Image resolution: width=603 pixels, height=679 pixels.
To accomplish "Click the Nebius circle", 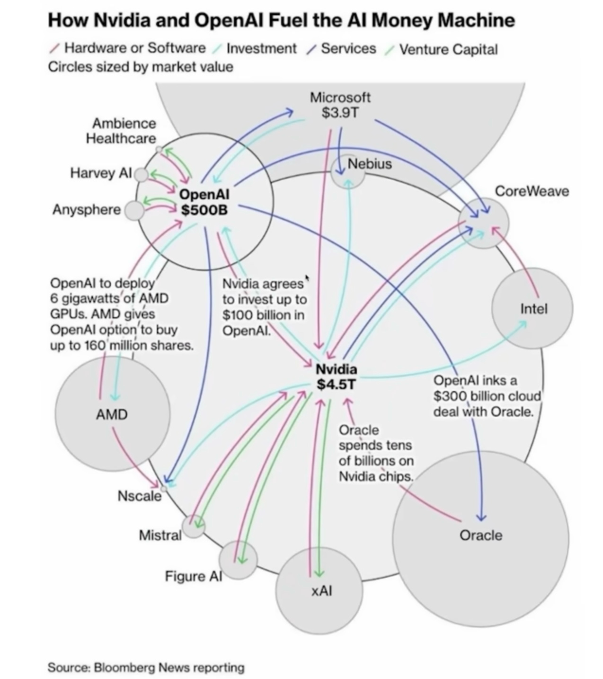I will click(x=348, y=171).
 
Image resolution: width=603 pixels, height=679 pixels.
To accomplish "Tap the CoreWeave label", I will click(x=532, y=191).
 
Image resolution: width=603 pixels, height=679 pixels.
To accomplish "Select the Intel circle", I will click(x=532, y=309).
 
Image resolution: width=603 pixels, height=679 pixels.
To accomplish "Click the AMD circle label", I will click(x=112, y=415).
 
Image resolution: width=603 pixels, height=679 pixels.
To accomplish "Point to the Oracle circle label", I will click(x=481, y=536).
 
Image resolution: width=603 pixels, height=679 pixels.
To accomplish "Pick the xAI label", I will click(x=322, y=590).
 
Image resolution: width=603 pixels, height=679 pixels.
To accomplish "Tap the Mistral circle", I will click(x=194, y=526).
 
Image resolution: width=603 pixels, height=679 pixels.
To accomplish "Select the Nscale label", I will click(x=139, y=496).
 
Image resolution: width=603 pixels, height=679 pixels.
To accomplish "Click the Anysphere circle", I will click(x=134, y=210).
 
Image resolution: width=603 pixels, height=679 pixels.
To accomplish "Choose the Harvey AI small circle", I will click(x=141, y=175).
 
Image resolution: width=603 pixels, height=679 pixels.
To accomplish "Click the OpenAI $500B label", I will click(x=204, y=201).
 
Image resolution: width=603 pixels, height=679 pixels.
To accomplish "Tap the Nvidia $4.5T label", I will click(x=336, y=376).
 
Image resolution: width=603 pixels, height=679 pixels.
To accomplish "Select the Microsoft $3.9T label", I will click(x=340, y=105).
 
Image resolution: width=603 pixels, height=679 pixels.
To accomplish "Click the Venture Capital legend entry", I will click(x=448, y=49).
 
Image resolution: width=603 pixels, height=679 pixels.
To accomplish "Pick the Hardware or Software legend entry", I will click(x=135, y=48).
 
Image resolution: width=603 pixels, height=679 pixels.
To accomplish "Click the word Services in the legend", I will click(x=348, y=49).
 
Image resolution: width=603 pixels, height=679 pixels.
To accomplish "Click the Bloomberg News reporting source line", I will click(x=146, y=667).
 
